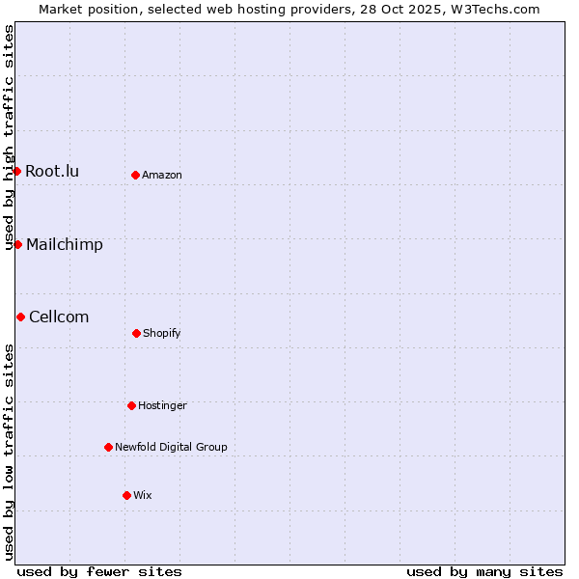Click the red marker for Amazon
tap(136, 175)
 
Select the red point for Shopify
tap(136, 333)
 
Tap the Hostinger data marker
tap(131, 405)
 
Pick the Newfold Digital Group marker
tap(108, 447)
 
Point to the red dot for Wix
tap(126, 495)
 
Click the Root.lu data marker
tap(16, 171)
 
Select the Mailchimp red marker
tap(17, 244)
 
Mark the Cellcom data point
tap(20, 317)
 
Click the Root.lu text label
tap(52, 172)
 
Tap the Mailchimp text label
tap(65, 245)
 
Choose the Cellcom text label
tap(59, 317)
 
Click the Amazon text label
tap(162, 176)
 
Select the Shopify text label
tap(162, 334)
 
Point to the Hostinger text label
tap(162, 406)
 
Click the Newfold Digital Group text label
tap(171, 448)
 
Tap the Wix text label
tap(143, 496)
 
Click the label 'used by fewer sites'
tap(99, 572)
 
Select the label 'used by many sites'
tap(484, 572)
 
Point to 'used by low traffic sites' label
tap(10, 452)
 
